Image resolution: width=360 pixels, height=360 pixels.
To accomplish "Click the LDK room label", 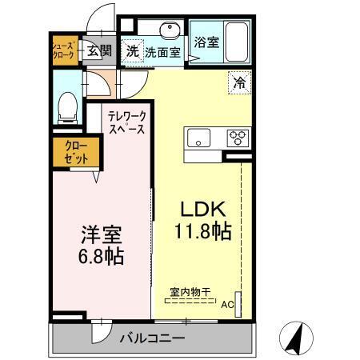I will pyautogui.click(x=200, y=210).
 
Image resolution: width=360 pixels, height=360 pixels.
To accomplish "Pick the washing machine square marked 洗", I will pyautogui.click(x=132, y=50).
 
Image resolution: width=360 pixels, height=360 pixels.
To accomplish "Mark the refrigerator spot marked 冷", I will pyautogui.click(x=238, y=82).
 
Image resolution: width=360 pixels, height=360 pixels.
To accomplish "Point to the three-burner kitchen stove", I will pyautogui.click(x=238, y=137).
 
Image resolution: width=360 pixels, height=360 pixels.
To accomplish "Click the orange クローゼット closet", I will pyautogui.click(x=77, y=153).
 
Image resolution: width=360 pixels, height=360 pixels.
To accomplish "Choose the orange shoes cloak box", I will pyautogui.click(x=64, y=52).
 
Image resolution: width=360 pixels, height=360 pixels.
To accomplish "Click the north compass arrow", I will pyautogui.click(x=295, y=338).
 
